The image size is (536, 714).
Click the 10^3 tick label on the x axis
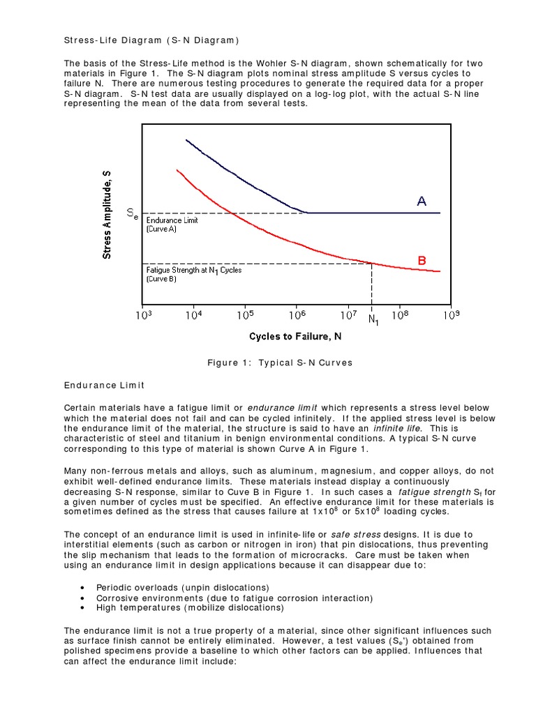(142, 315)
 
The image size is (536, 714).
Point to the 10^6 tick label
(297, 315)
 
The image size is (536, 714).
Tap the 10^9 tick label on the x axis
(452, 315)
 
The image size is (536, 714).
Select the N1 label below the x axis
(373, 320)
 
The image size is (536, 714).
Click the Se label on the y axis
(133, 213)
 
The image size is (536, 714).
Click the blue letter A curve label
(422, 202)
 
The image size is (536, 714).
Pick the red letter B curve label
(422, 260)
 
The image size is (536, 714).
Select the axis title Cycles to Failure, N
(295, 337)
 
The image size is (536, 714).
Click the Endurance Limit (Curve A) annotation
(172, 225)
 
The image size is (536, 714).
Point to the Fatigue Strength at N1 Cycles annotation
(193, 274)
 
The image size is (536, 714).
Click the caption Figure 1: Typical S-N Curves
(280, 363)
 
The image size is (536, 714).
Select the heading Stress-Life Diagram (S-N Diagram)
(151, 39)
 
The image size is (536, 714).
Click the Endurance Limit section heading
(104, 384)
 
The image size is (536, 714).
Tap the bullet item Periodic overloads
(182, 588)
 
